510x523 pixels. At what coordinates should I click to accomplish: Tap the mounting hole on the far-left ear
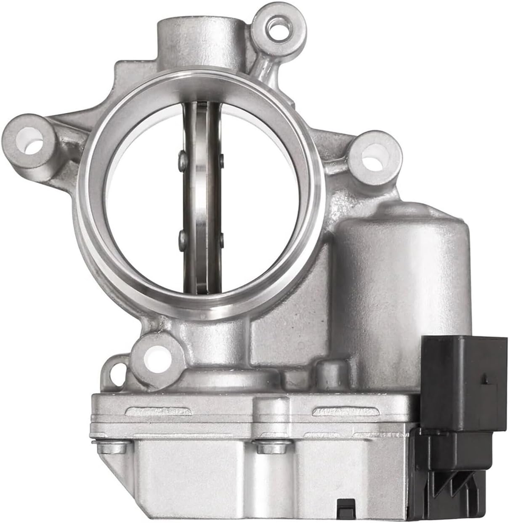[x=30, y=141]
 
